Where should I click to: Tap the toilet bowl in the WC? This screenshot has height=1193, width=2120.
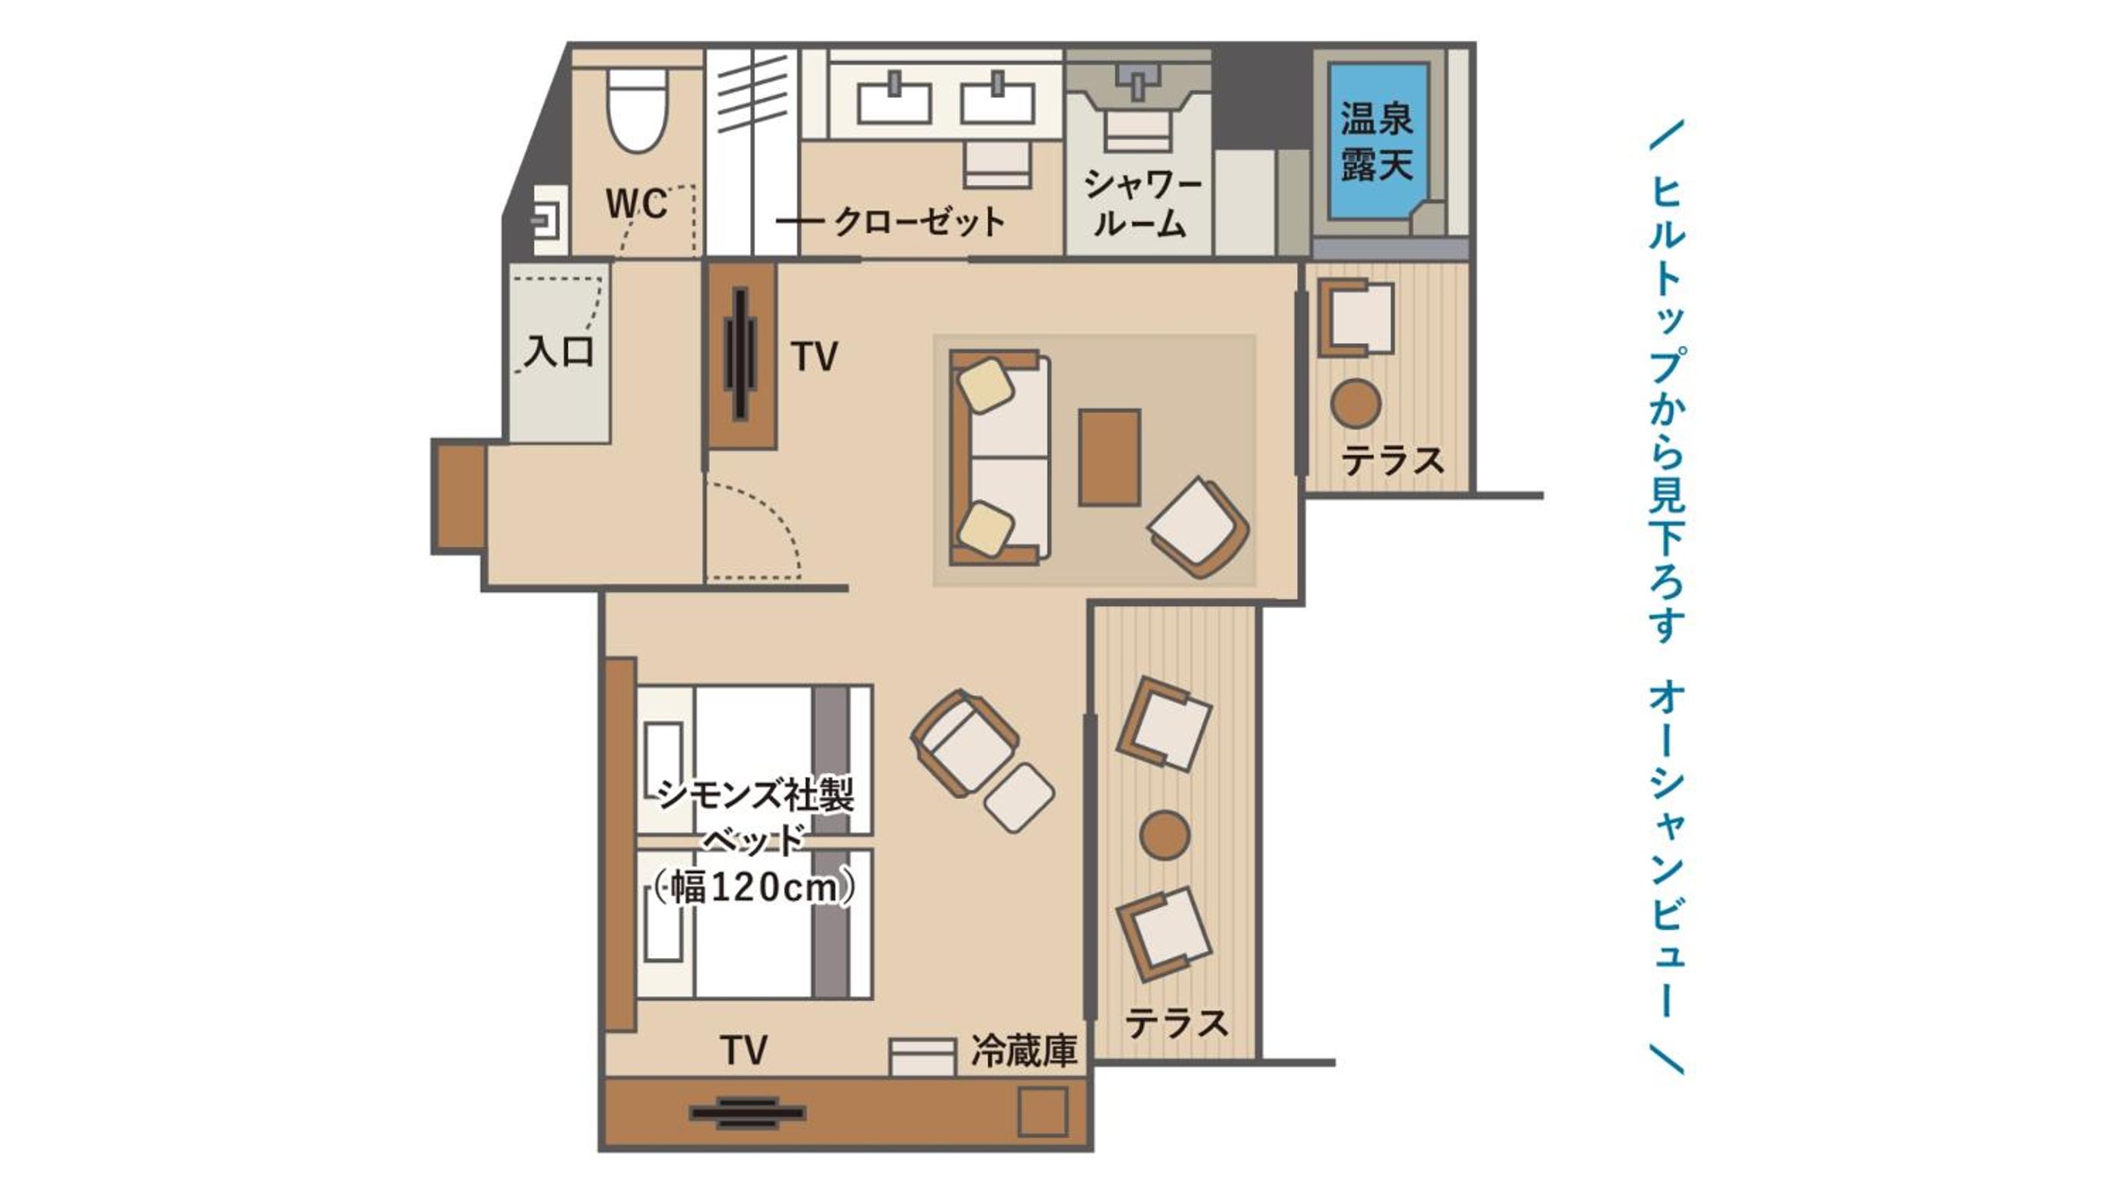[x=637, y=109]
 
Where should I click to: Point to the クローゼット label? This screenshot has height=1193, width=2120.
[x=919, y=221]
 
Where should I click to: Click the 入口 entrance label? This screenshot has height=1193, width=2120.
[x=559, y=351]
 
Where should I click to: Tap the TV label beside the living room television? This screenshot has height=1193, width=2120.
[x=814, y=356]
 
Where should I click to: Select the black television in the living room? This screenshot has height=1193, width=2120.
[x=741, y=354]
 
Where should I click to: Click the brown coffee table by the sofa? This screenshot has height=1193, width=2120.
[x=1110, y=457]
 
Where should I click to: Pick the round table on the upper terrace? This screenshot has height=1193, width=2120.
[x=1356, y=403]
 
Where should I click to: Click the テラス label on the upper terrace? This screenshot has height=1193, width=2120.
[x=1393, y=460]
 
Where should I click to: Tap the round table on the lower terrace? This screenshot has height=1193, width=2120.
[x=1164, y=835]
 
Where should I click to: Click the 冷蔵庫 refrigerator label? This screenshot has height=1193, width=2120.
[x=1024, y=1050]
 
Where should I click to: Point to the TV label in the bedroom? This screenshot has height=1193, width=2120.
[x=743, y=1050]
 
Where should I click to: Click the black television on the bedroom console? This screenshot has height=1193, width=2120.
[x=748, y=1113]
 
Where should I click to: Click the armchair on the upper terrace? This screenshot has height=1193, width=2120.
[x=1356, y=318]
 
